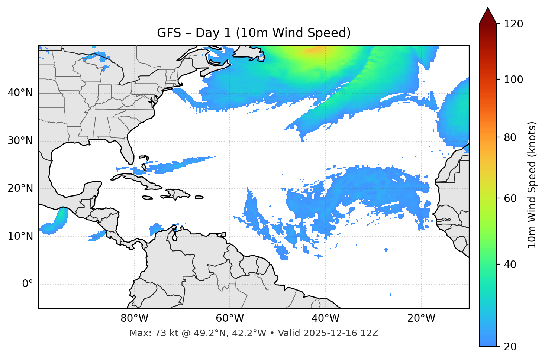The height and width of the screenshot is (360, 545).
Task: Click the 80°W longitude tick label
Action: (134, 318)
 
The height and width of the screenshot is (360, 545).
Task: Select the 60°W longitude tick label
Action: (230, 318)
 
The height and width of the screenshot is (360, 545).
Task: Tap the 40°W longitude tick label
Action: (325, 318)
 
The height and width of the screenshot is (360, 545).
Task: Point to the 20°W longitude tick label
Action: (421, 318)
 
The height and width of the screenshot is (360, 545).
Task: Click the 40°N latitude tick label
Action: (20, 93)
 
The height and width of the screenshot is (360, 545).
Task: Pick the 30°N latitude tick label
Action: (20, 141)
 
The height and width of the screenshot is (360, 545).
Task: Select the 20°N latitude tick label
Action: (20, 188)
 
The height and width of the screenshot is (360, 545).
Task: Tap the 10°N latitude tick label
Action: (20, 236)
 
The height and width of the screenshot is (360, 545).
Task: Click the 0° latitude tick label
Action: (28, 284)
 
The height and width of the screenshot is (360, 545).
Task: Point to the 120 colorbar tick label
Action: (513, 24)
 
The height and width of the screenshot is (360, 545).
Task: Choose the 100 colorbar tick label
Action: (513, 80)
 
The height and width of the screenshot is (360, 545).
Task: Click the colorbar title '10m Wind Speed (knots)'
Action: (532, 185)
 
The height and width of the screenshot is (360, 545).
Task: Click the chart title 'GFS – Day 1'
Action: (254, 33)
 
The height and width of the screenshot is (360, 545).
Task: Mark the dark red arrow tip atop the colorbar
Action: (488, 15)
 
